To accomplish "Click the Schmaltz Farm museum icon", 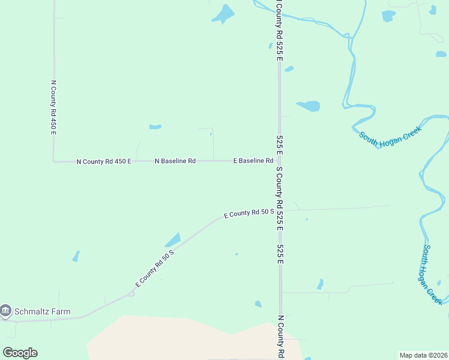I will coord(6,311).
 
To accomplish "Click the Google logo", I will coord(20,352).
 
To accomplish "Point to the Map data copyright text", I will coord(423,355).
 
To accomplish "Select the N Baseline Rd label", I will coord(175,161).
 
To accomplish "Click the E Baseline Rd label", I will coord(253,161).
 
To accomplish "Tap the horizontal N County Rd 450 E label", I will coord(104,161).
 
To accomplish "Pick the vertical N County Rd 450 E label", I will coord(53,107).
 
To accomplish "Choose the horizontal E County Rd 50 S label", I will coord(249,212).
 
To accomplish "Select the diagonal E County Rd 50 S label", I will coord(154,267).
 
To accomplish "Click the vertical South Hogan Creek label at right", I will coord(433,274).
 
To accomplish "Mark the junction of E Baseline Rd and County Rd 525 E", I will coord(280,161).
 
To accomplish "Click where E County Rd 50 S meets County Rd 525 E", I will coord(280,210).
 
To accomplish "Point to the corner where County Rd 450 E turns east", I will coord(54,161).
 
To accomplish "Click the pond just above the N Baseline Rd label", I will coord(155,127).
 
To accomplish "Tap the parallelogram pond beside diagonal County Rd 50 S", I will coord(172,239).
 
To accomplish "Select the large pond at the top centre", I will coord(224,13).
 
